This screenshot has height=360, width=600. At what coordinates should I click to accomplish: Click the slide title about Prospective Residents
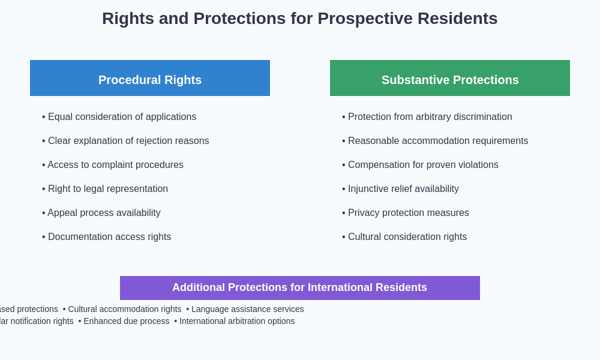(x=299, y=19)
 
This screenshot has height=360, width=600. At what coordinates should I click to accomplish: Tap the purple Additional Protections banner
(x=299, y=288)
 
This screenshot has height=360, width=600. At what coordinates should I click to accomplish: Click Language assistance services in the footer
(x=247, y=309)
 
